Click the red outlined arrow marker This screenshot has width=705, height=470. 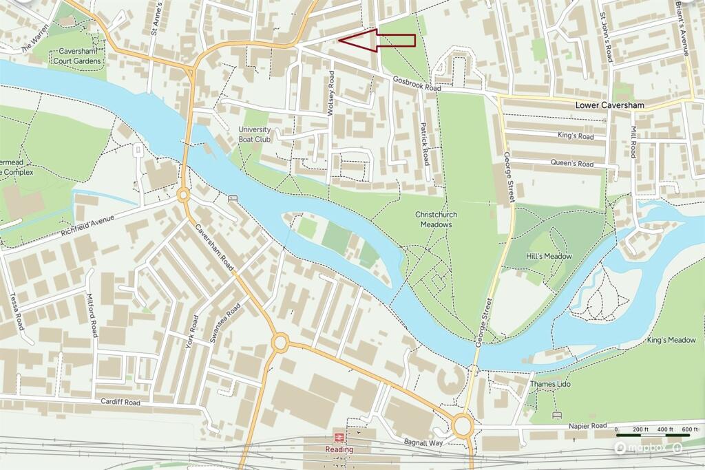pyautogui.click(x=377, y=40)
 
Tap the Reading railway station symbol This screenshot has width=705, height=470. pyautogui.click(x=339, y=437)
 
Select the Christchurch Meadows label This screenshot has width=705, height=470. pyautogui.click(x=436, y=220)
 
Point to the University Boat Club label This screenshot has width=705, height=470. pyautogui.click(x=255, y=134)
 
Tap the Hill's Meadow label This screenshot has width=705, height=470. pyautogui.click(x=549, y=256)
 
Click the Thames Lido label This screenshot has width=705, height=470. pyautogui.click(x=551, y=384)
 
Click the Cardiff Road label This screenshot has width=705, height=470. pyautogui.click(x=120, y=402)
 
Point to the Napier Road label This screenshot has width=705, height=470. pyautogui.click(x=588, y=425)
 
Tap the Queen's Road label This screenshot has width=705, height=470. pyautogui.click(x=571, y=164)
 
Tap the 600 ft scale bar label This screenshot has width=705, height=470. pyautogui.click(x=689, y=429)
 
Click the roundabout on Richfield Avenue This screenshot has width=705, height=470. pyautogui.click(x=183, y=195)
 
